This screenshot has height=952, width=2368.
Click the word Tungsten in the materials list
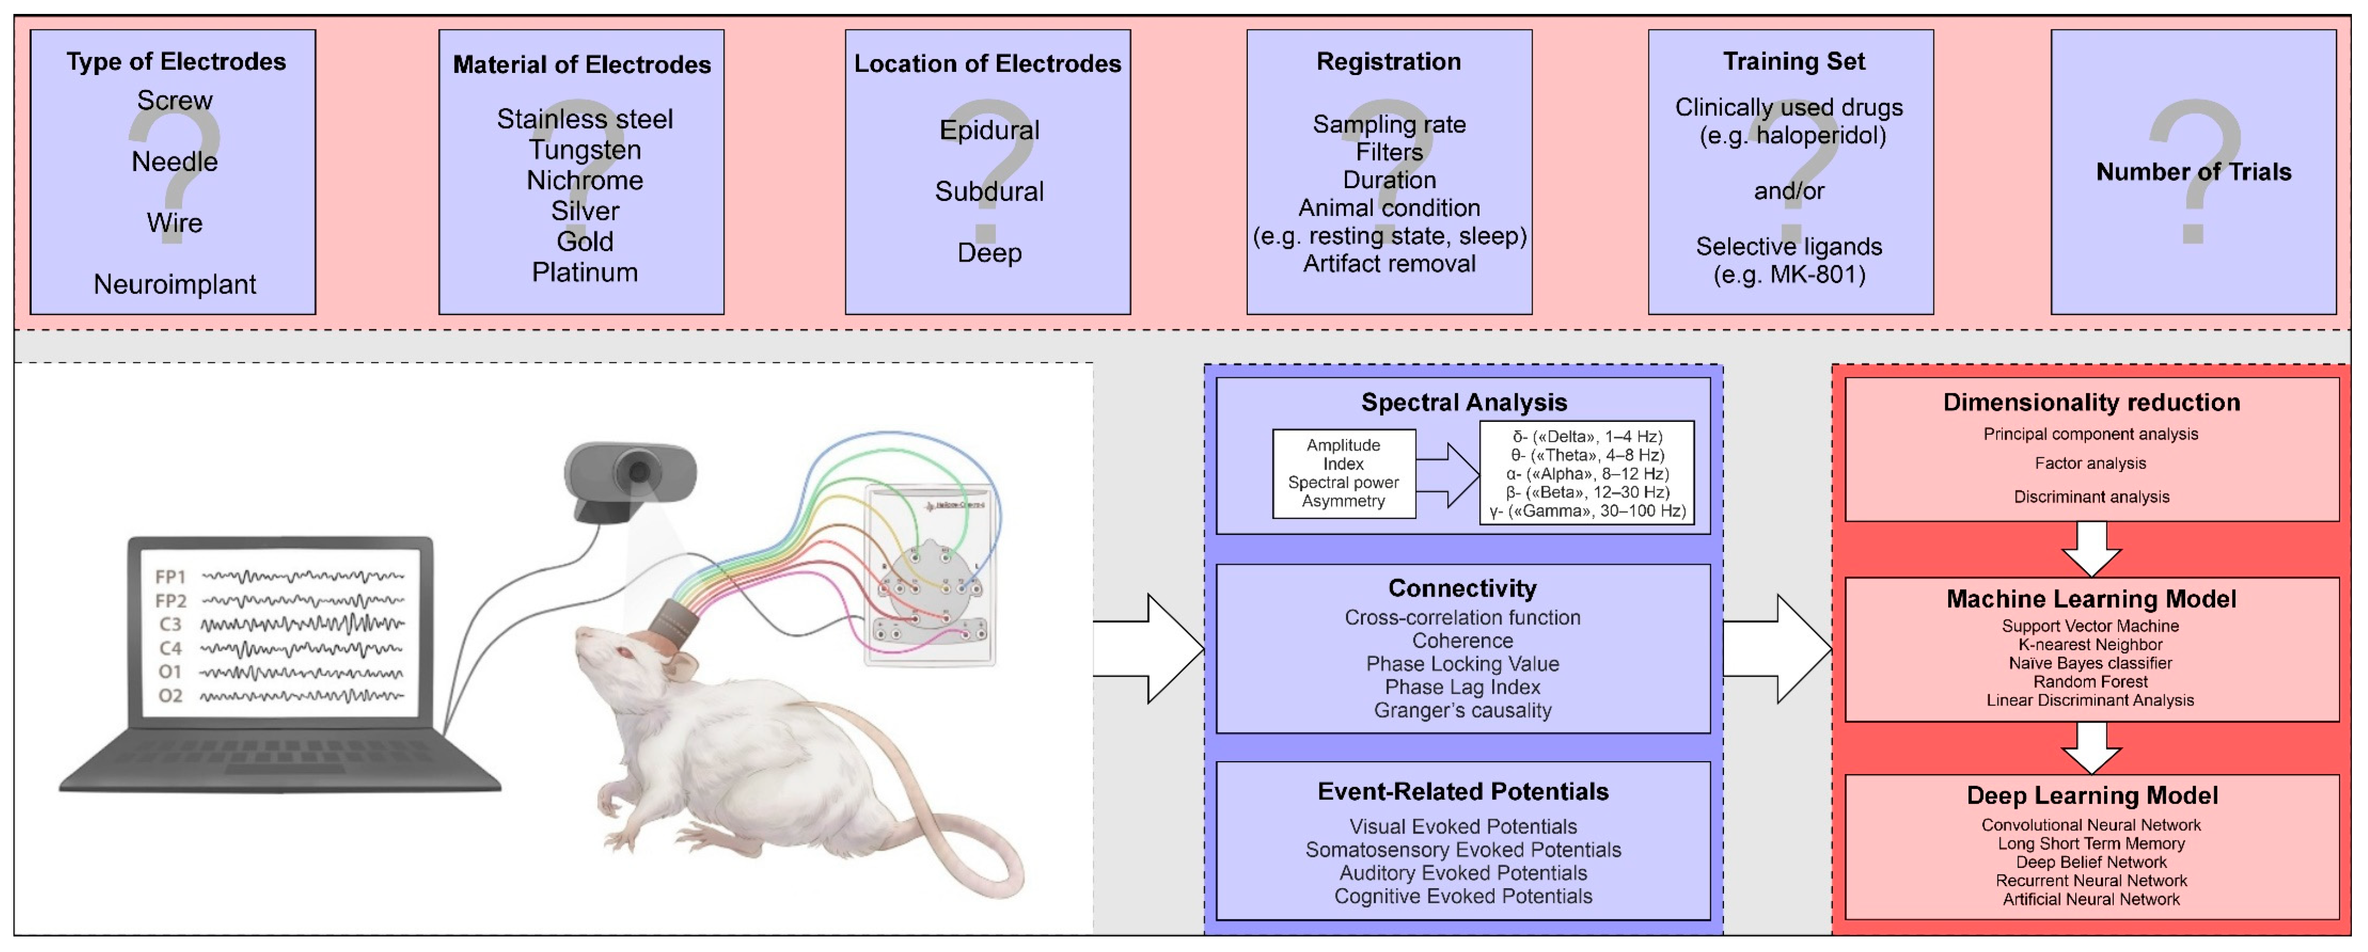click(584, 150)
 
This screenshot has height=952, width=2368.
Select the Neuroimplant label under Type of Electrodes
click(175, 284)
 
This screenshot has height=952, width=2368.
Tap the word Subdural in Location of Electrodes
click(989, 191)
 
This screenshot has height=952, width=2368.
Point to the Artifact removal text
click(1389, 264)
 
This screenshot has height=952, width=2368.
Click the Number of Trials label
click(2193, 172)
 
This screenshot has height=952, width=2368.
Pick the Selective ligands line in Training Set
click(1789, 246)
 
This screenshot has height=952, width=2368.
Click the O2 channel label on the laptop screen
click(170, 696)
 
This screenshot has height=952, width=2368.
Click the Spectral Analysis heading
click(1463, 403)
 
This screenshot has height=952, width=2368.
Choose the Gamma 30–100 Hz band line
click(1588, 511)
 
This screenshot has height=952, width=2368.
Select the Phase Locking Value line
click(1462, 664)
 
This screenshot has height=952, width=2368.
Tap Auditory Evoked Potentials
click(1462, 873)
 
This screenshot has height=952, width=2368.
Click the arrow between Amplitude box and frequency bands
click(1448, 475)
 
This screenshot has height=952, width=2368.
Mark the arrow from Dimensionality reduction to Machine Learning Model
click(2091, 548)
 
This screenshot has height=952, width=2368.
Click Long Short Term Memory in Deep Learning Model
click(2090, 844)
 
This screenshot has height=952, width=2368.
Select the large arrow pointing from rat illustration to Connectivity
click(1149, 649)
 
